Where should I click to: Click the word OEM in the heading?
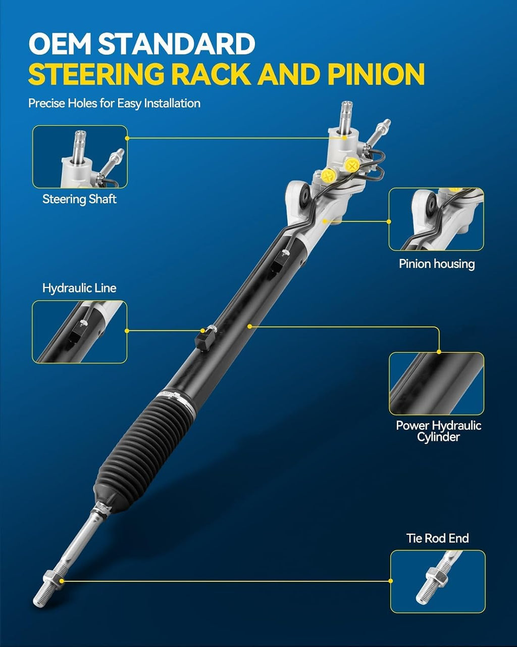pos(60,43)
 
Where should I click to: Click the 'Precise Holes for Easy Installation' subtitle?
pos(114,104)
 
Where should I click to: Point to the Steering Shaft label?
pos(79,199)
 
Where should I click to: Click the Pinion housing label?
pos(437,264)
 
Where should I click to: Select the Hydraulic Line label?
pos(79,288)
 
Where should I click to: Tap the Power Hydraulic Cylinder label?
pos(438,431)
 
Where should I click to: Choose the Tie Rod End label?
pos(437,538)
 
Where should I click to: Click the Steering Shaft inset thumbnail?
pos(80,157)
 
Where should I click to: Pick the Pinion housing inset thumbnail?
pos(436,219)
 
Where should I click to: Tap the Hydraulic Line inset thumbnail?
pos(80,332)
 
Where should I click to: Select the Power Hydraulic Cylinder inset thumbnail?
pos(437,384)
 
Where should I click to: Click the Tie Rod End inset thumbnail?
pos(438,581)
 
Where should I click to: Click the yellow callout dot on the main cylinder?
pos(249,326)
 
